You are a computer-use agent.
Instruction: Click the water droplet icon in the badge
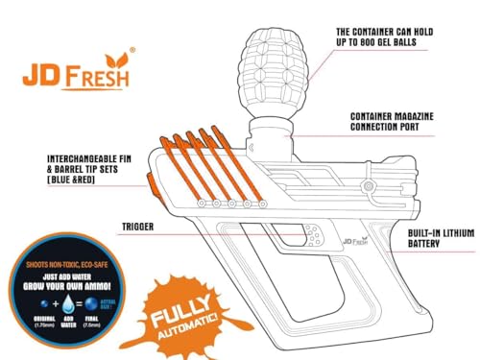(55, 302)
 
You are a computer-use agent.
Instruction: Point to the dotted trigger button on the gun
(312, 231)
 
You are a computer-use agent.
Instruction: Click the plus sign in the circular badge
(43, 303)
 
